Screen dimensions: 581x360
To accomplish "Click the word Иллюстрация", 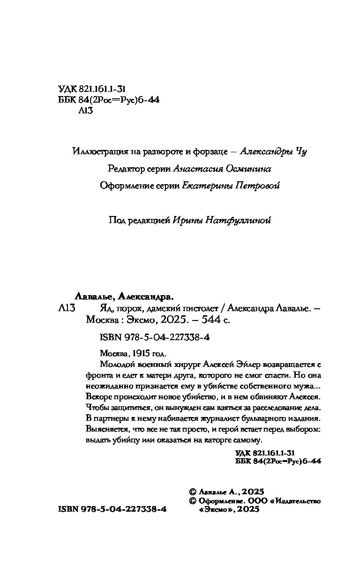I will [x=97, y=151].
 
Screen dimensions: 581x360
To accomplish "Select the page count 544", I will [x=202, y=320].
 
